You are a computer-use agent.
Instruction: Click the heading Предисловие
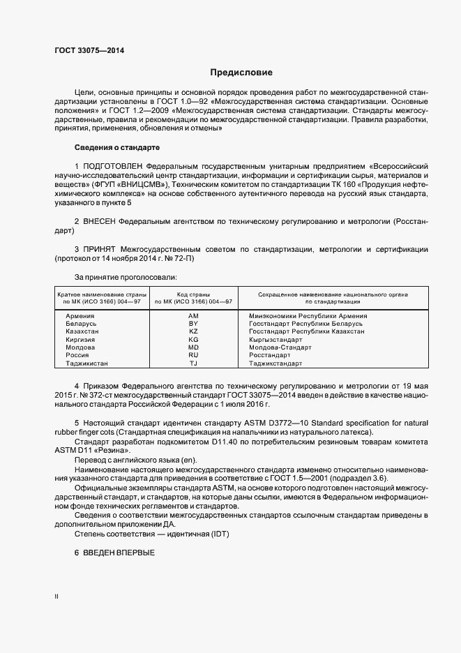click(x=241, y=73)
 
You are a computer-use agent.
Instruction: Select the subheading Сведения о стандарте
click(x=117, y=148)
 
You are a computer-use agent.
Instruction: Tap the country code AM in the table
click(x=193, y=316)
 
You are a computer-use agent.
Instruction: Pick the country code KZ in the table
click(x=193, y=331)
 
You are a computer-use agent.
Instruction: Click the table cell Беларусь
click(x=81, y=324)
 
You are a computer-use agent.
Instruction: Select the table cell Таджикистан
click(x=87, y=363)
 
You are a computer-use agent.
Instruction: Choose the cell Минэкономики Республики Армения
click(x=308, y=316)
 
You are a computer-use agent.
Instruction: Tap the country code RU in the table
click(x=193, y=355)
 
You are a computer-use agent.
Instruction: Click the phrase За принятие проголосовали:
click(x=116, y=276)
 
